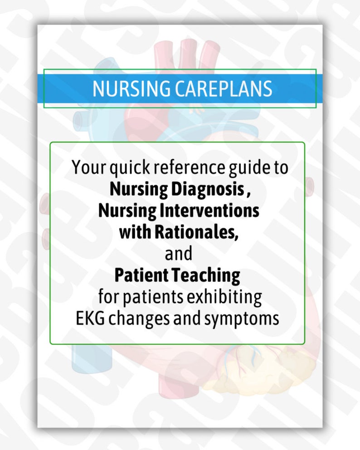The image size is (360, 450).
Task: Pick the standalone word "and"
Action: pyautogui.click(x=179, y=254)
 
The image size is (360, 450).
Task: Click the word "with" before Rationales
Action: pyautogui.click(x=135, y=232)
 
